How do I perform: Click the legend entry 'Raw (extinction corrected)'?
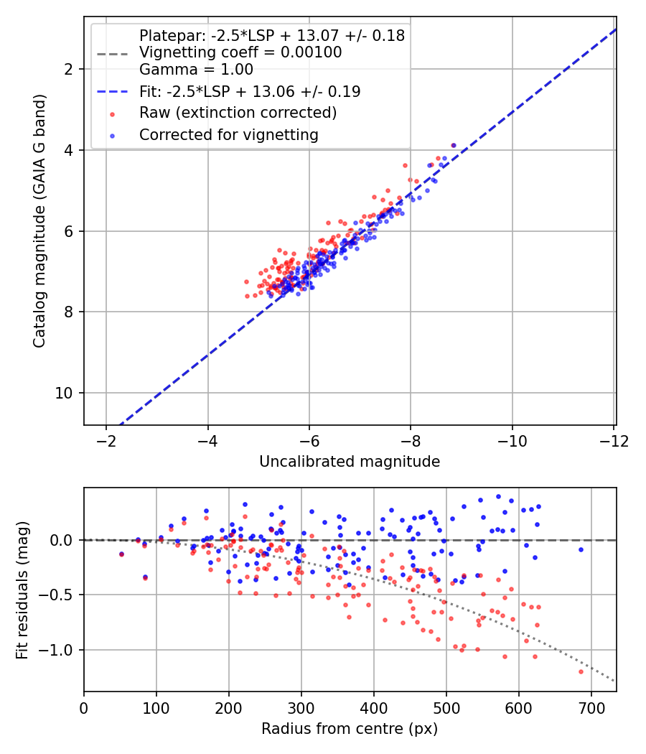[x=238, y=113]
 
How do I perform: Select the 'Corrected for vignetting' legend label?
[x=229, y=135]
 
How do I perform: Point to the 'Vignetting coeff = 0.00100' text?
[x=240, y=52]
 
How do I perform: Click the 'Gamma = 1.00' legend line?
[x=196, y=69]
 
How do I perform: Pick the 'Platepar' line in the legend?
[x=272, y=36]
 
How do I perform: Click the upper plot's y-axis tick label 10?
[x=63, y=394]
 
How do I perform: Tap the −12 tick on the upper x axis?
[x=614, y=441]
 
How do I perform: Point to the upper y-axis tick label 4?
[x=67, y=150]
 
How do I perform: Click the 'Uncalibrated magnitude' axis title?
[x=350, y=462]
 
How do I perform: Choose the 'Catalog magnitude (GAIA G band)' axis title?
[x=39, y=220]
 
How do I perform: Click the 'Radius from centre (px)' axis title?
[x=350, y=729]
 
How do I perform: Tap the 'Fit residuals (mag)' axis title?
[x=22, y=590]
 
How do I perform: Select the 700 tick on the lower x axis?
[x=591, y=708]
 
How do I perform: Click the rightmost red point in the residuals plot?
[x=581, y=671]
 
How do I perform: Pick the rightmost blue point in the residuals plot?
[x=581, y=549]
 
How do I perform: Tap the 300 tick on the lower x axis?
[x=301, y=708]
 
